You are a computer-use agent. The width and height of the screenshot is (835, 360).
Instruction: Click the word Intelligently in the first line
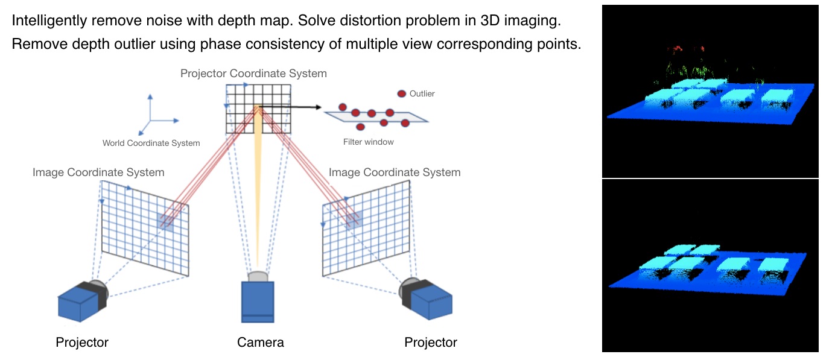coord(48,21)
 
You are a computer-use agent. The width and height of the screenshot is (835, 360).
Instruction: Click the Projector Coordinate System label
coord(253,74)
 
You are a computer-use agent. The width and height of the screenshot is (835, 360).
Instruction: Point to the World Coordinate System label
coord(151,143)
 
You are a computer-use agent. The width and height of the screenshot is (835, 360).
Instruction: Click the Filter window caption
coord(368,142)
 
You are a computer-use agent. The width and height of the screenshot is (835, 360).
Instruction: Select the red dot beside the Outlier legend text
coord(401,93)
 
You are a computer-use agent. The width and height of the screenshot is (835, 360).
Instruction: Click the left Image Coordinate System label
coord(98,172)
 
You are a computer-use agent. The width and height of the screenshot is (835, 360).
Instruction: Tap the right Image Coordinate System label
coord(395,172)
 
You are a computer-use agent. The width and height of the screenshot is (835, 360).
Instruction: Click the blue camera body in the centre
coord(258,302)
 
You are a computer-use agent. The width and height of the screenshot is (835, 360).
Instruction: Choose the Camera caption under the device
coord(260,343)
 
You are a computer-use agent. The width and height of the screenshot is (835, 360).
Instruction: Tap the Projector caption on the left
coord(82,343)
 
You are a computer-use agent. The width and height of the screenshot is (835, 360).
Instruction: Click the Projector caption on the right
coord(431,343)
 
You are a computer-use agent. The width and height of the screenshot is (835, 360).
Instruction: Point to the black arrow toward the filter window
coord(290,107)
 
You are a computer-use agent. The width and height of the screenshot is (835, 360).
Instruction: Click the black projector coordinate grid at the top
coord(258,109)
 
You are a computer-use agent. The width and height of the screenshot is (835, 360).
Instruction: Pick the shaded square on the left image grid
coord(165,221)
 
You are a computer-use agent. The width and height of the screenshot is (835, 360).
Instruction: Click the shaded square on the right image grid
coord(354,220)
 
